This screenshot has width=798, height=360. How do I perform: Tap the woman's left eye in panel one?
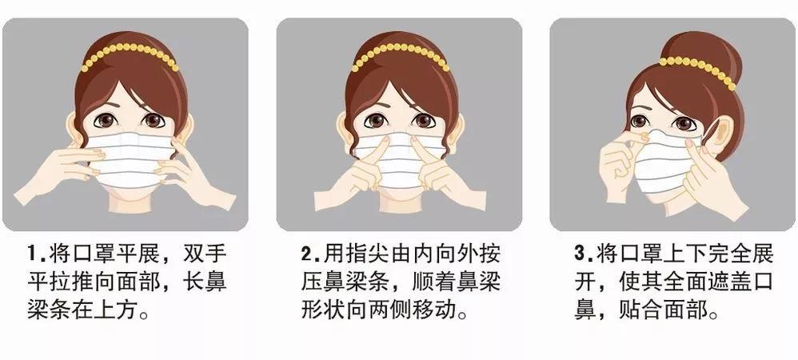pyautogui.click(x=105, y=122)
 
